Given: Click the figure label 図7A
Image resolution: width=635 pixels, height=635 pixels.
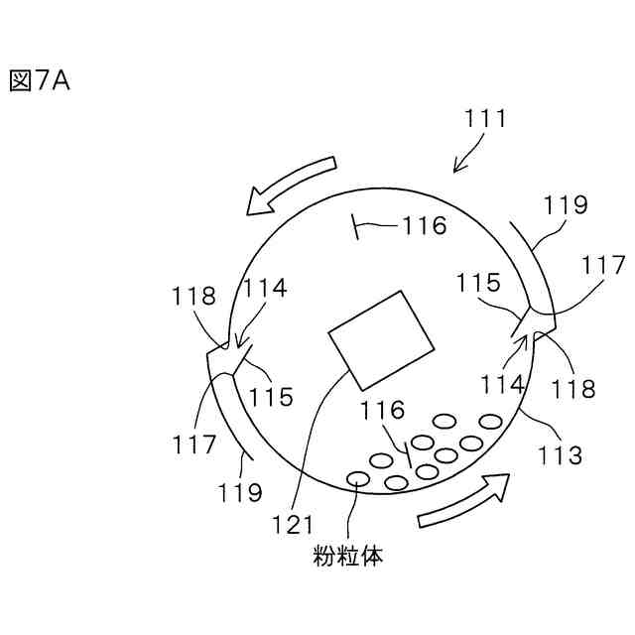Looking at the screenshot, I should click(39, 81).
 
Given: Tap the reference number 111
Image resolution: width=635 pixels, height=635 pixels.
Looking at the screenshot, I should click(486, 120).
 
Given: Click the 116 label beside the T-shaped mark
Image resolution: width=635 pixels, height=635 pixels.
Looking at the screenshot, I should click(425, 226).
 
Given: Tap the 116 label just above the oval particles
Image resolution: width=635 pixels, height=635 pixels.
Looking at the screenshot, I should click(382, 410).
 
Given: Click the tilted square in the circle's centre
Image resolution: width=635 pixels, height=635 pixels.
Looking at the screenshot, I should click(382, 340).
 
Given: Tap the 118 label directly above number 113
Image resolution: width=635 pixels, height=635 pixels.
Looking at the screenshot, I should click(575, 389).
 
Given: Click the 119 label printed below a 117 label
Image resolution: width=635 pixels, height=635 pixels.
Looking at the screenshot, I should click(241, 491).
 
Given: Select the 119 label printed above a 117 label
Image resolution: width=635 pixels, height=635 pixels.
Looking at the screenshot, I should click(567, 205).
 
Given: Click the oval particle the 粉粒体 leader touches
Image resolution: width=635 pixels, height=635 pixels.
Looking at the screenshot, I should click(356, 480).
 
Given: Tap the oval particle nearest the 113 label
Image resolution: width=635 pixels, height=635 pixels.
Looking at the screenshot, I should click(488, 422).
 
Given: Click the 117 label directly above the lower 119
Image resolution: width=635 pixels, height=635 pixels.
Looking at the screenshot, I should click(195, 445).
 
